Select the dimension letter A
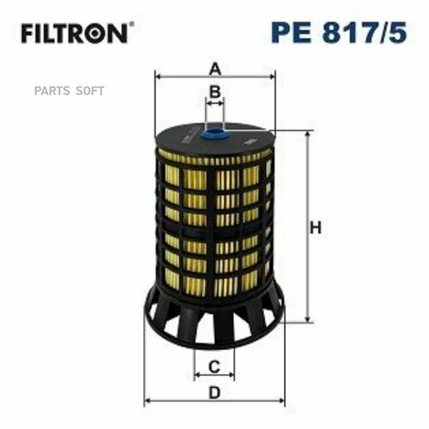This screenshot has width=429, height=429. click(215, 68)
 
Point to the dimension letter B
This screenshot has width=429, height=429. click(215, 91)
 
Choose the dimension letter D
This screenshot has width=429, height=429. click(215, 392)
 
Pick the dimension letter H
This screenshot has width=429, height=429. click(316, 228)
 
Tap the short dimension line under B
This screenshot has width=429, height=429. click(215, 102)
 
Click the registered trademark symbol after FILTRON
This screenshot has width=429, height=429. click(130, 27)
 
